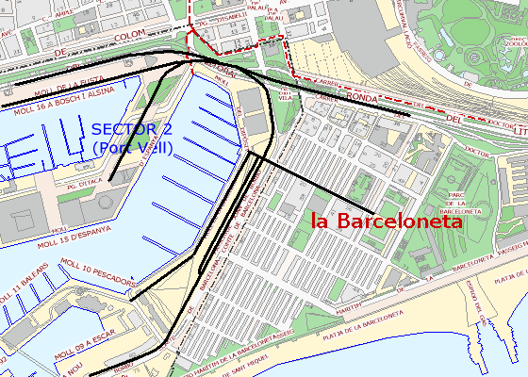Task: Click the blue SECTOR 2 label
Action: [x=132, y=129]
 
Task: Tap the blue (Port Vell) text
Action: [x=132, y=148]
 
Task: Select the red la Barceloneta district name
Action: [x=387, y=221]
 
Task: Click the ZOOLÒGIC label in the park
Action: [x=514, y=43]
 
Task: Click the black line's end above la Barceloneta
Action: [x=374, y=209]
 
